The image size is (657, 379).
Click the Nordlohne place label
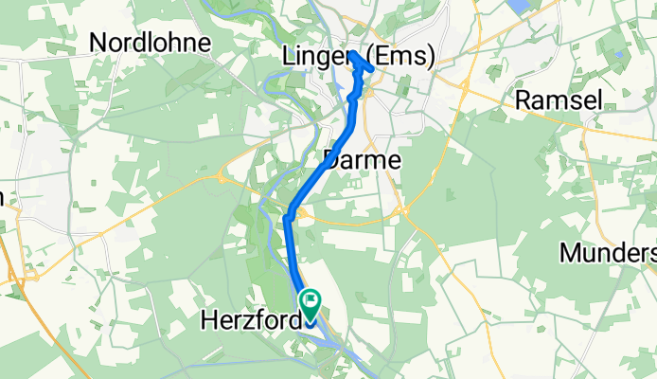point(150,42)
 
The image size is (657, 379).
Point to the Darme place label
point(363,160)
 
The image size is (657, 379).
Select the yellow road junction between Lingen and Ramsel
point(467,86)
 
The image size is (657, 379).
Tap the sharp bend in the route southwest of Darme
point(287,219)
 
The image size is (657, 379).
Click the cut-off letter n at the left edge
point(3,197)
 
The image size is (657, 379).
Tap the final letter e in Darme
point(394,160)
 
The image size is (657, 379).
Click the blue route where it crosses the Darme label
point(328,160)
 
